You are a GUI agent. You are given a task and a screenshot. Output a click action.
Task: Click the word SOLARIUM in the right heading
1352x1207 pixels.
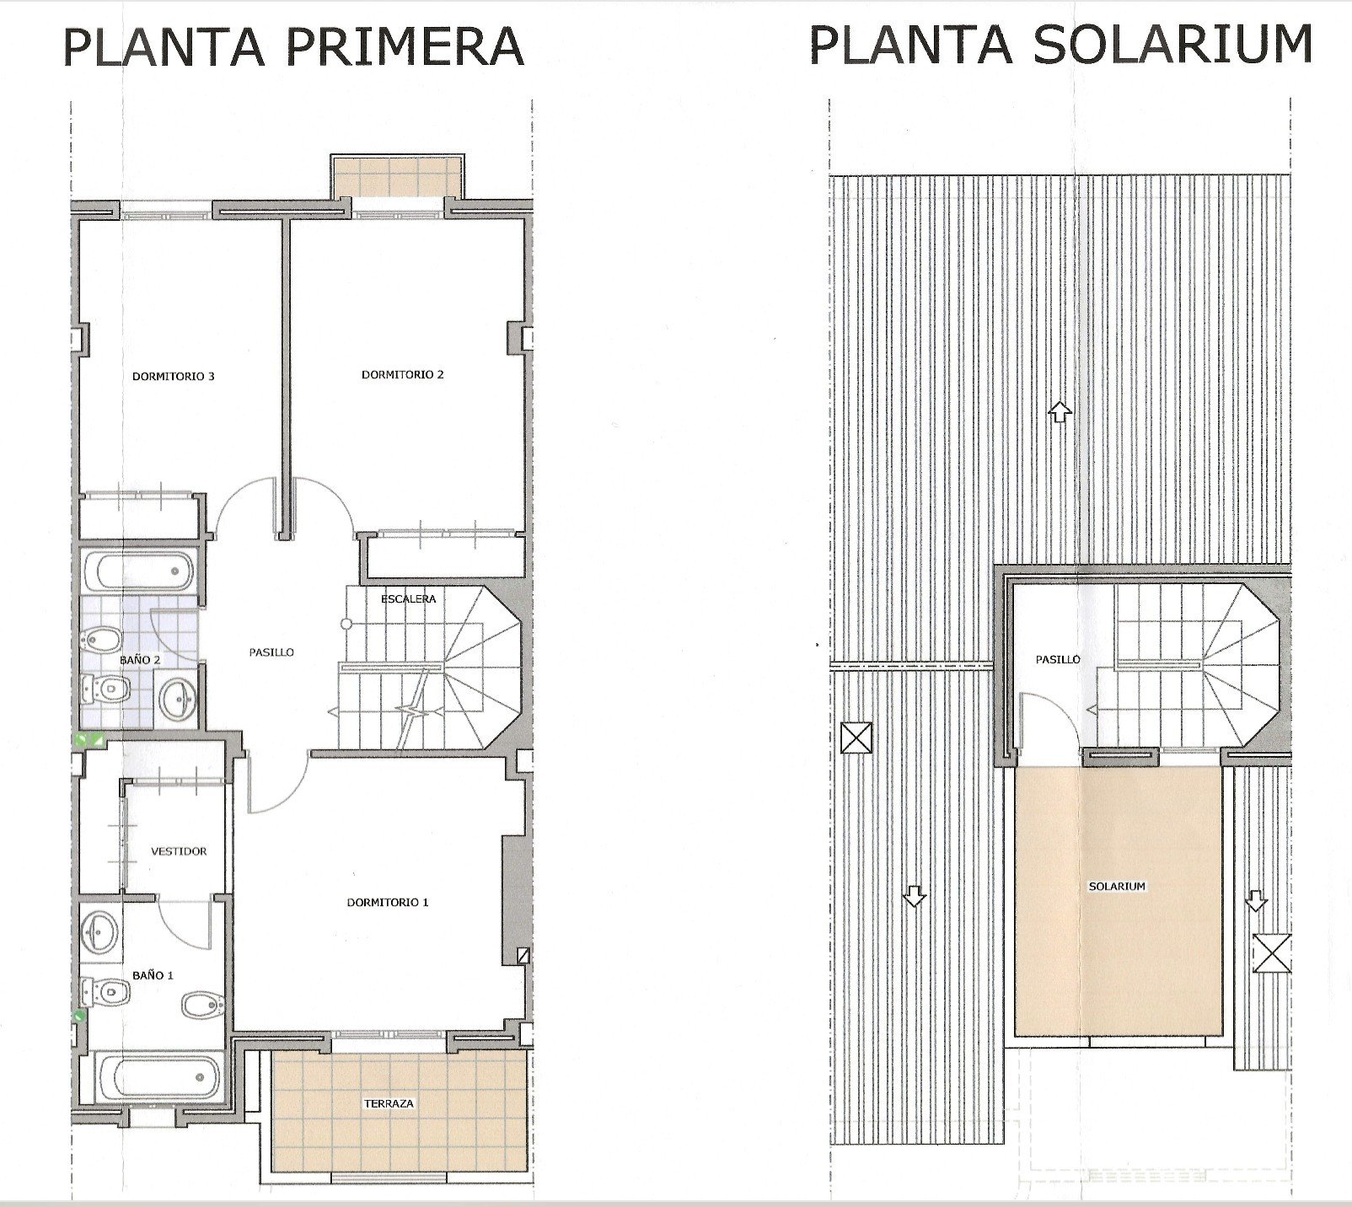click(x=1172, y=44)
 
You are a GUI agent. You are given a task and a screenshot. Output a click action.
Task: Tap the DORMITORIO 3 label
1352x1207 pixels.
click(x=174, y=377)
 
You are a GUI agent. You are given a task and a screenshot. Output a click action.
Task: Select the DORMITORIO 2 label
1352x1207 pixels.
click(x=403, y=375)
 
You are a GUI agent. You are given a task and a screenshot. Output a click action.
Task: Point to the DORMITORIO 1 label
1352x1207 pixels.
click(x=388, y=902)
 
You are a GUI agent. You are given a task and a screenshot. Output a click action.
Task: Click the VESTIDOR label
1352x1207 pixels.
click(x=179, y=851)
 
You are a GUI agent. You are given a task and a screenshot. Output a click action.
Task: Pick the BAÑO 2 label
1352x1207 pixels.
click(x=140, y=660)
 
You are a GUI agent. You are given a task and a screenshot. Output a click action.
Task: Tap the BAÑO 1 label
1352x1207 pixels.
click(x=153, y=975)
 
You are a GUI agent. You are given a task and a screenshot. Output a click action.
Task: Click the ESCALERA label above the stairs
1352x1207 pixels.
click(x=409, y=598)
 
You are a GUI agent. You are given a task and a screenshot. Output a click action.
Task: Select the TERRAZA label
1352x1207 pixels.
click(x=389, y=1103)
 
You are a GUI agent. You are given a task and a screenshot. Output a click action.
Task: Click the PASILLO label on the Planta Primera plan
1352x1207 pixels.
click(x=271, y=652)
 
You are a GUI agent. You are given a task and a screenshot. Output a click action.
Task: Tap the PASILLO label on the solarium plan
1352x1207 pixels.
click(x=1058, y=660)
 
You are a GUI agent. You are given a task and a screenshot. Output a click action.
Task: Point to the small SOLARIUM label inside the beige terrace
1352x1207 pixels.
click(x=1117, y=887)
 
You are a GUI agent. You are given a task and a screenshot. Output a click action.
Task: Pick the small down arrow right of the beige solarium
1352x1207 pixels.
click(x=1256, y=901)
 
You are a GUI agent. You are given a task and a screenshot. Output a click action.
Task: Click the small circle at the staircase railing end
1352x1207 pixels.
click(x=346, y=625)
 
